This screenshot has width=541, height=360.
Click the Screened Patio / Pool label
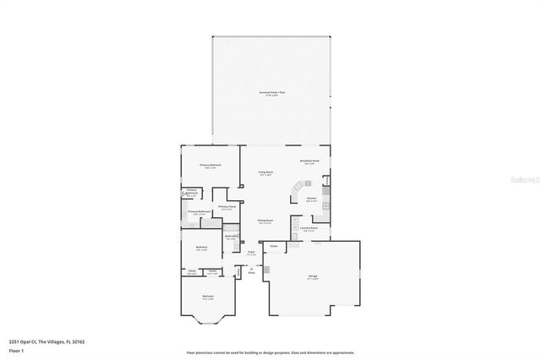pos(270,93)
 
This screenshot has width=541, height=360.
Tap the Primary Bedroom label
pos(209,166)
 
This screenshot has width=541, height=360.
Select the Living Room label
pos(265,173)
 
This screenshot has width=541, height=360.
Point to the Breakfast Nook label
pos(309,161)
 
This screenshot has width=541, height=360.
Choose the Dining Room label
pos(265,221)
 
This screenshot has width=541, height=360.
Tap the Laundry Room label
pos(309,228)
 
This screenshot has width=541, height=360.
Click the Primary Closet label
pos(226,207)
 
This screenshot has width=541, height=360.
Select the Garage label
pos(312,278)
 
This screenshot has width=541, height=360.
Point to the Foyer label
pos(251,253)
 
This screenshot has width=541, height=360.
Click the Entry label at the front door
pos(251,272)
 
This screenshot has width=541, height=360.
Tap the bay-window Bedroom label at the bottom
pos(208,297)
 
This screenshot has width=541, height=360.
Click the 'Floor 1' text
pos(16,350)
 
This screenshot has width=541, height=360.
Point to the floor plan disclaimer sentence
pos(270,353)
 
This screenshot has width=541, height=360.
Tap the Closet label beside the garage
pos(274,247)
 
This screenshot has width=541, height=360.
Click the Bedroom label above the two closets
pos(201,248)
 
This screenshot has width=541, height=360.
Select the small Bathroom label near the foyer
pos(231,237)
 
